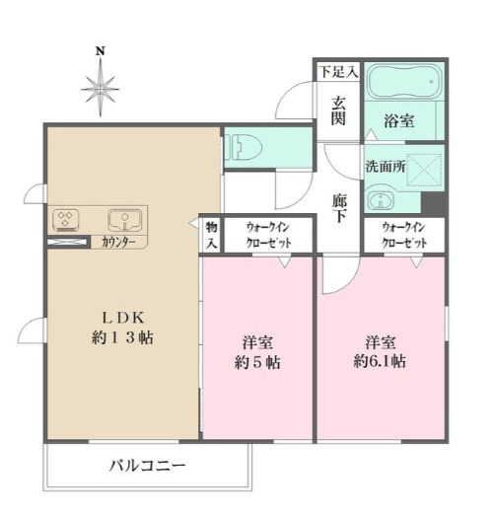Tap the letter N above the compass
coord(100,50)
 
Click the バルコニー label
coord(147,465)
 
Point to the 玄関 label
coord(338,110)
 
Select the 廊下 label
coord(339,208)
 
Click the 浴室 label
coord(398,119)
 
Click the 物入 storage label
coord(211,234)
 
